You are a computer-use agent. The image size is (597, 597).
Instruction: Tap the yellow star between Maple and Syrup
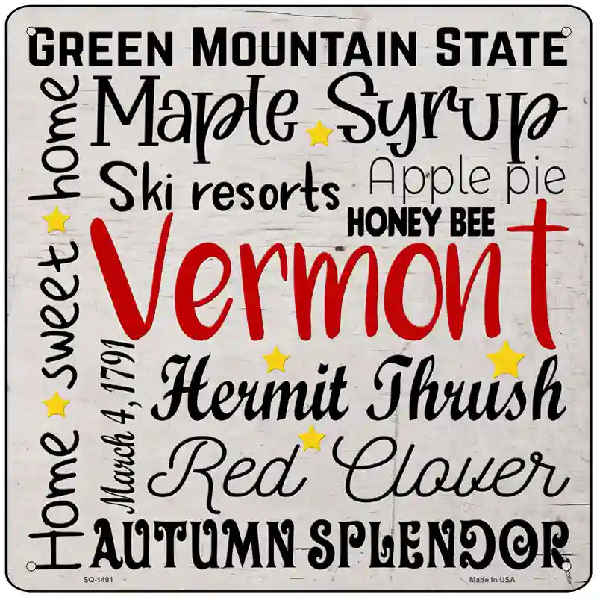click(x=319, y=134)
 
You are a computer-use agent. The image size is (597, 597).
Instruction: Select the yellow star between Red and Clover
click(x=311, y=438)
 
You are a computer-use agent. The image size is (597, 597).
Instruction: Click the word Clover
click(x=443, y=469)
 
